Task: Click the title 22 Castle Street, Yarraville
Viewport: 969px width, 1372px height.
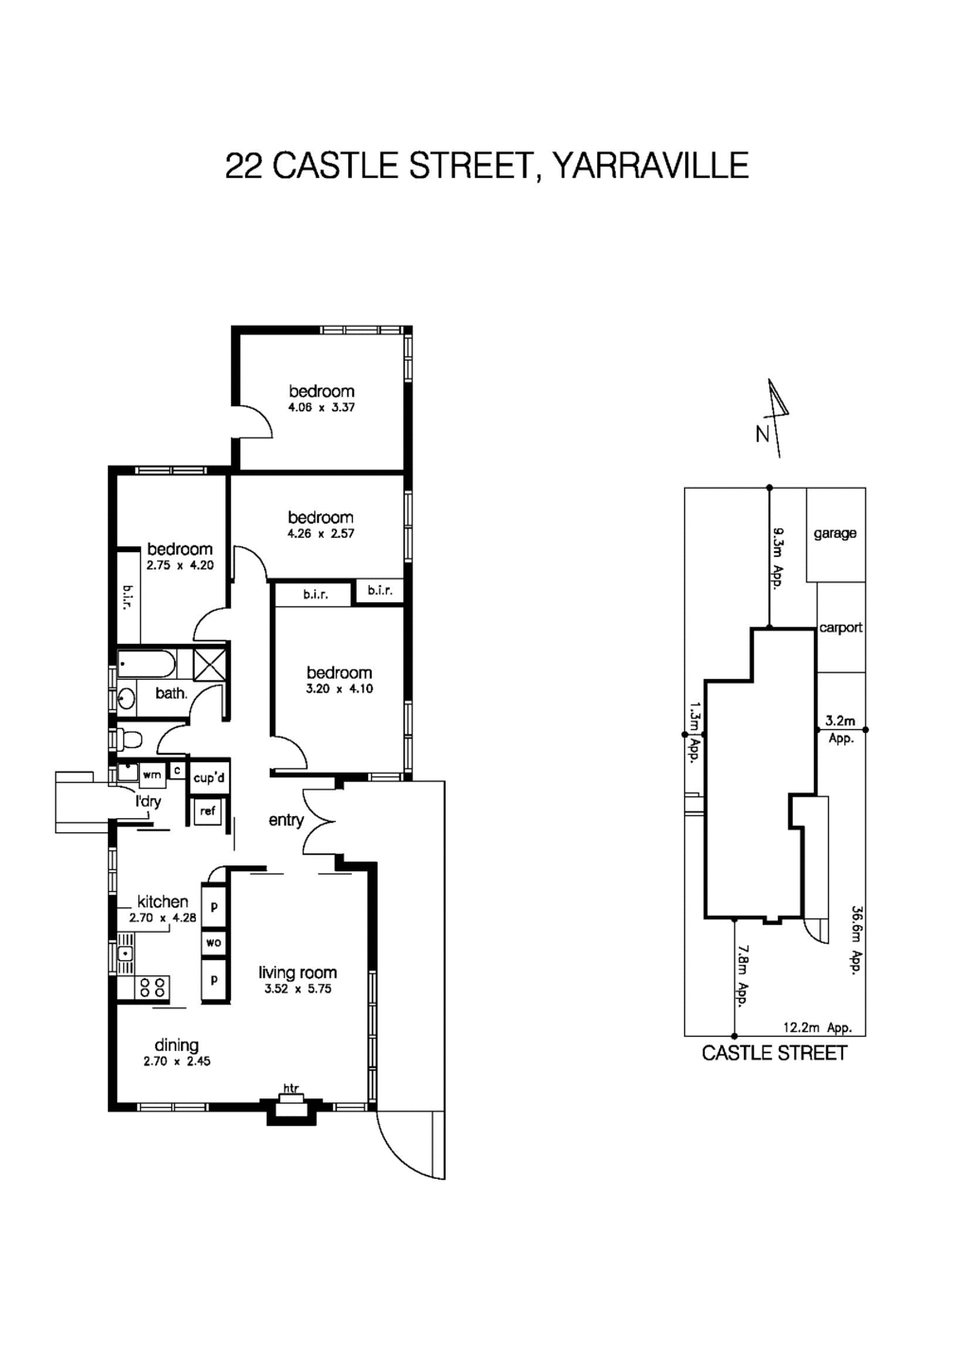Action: (x=486, y=166)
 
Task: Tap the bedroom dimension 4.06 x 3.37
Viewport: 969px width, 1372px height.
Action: (x=321, y=408)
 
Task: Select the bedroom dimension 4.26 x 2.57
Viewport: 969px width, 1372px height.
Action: (x=321, y=534)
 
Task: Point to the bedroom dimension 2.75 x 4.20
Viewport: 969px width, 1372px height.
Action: (x=180, y=565)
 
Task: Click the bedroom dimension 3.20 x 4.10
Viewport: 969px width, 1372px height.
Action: (x=339, y=689)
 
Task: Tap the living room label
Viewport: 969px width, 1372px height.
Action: (x=297, y=972)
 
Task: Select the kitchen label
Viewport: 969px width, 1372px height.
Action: (x=163, y=901)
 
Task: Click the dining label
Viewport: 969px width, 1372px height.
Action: (x=176, y=1044)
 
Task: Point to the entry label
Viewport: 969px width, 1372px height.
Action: (x=286, y=820)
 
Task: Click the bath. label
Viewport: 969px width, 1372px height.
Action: (x=171, y=693)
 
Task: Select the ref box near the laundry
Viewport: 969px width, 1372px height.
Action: (x=207, y=811)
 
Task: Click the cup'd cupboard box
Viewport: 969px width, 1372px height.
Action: (x=209, y=778)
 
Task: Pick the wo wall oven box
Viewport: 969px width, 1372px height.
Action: (x=214, y=943)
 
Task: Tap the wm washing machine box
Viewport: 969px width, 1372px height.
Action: (x=151, y=774)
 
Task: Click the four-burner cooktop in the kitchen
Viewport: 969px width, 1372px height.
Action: (x=151, y=988)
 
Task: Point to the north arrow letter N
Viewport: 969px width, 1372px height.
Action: (x=762, y=436)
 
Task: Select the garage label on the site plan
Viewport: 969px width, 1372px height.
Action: (x=835, y=534)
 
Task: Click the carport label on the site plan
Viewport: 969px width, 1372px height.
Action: (x=840, y=628)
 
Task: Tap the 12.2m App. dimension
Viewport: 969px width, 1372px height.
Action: (x=818, y=1027)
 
